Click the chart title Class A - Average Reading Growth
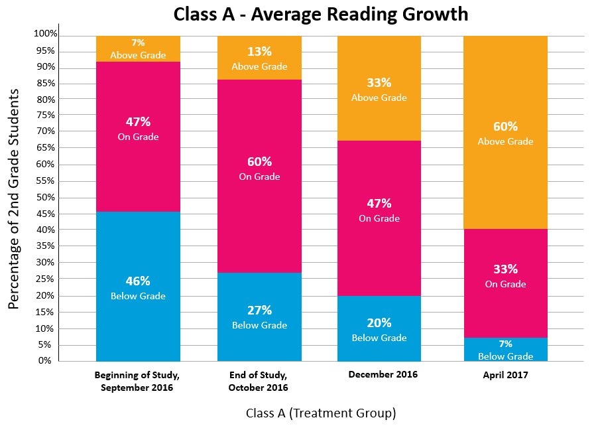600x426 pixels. (320, 14)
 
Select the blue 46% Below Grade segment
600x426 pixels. (138, 287)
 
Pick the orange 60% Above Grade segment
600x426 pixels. (505, 132)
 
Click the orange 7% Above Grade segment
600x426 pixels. (138, 48)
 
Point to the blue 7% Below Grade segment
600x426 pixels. (505, 350)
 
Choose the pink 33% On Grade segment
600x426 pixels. (505, 275)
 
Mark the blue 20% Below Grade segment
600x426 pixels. (379, 328)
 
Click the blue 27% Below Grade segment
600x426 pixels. (259, 317)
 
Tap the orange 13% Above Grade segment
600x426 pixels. (259, 58)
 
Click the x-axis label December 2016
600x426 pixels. (383, 374)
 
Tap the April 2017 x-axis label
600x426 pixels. (505, 374)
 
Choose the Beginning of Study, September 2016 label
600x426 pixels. (137, 381)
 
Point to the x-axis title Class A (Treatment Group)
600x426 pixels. (320, 413)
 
